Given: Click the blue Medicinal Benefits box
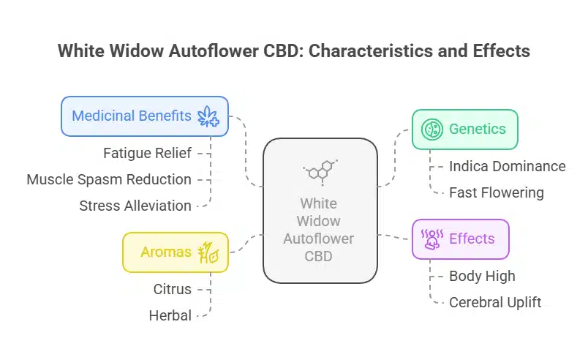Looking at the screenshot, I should click(x=145, y=116).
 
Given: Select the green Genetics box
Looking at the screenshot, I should click(x=464, y=130).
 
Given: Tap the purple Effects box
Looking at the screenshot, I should click(x=460, y=239).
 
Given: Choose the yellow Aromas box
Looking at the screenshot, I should click(x=176, y=252).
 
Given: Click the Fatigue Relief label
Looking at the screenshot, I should click(x=148, y=153).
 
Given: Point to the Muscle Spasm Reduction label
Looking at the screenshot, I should click(x=109, y=179).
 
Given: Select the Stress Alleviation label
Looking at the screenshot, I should click(x=135, y=206).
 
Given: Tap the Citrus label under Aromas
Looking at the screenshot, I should click(x=173, y=289).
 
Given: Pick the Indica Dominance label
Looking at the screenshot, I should click(x=507, y=166).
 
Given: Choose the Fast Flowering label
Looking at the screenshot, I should click(x=496, y=192).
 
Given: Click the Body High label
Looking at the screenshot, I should click(x=482, y=276).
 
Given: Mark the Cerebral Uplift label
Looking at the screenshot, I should click(x=495, y=302).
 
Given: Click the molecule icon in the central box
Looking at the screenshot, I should click(x=320, y=171).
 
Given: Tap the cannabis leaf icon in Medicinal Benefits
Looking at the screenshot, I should click(x=208, y=116).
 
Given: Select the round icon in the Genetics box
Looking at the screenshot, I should click(x=431, y=130).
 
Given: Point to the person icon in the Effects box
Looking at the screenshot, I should click(x=431, y=239).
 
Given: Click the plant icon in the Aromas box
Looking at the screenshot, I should click(x=209, y=252).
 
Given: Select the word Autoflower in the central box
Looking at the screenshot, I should click(x=320, y=239).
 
